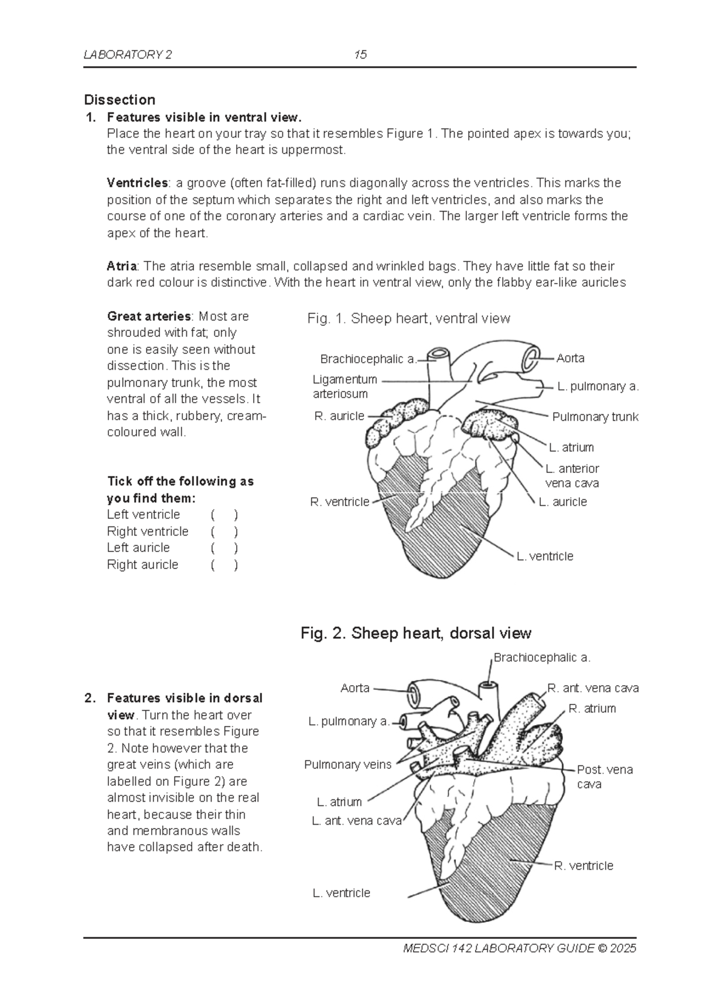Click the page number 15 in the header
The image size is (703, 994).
tap(360, 55)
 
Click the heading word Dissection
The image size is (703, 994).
tap(120, 100)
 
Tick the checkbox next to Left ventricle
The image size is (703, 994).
tap(224, 515)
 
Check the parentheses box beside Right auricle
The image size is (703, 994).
tap(224, 566)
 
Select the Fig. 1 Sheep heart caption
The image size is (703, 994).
tap(408, 318)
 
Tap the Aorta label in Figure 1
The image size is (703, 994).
tap(570, 358)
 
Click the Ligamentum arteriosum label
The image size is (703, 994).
tap(344, 387)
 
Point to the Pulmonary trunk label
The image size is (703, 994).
tap(595, 417)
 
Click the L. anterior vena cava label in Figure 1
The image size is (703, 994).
tap(572, 476)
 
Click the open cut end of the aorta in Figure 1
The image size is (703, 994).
tap(533, 358)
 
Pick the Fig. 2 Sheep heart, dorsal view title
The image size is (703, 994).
tap(415, 634)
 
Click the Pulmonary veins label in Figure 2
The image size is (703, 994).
tap(347, 765)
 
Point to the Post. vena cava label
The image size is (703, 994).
tap(605, 777)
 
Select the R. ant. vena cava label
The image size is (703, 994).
tap(592, 688)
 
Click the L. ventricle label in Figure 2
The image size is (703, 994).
tap(341, 893)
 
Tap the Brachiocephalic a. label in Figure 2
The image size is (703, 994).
tap(541, 658)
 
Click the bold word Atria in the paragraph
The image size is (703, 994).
tap(121, 266)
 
